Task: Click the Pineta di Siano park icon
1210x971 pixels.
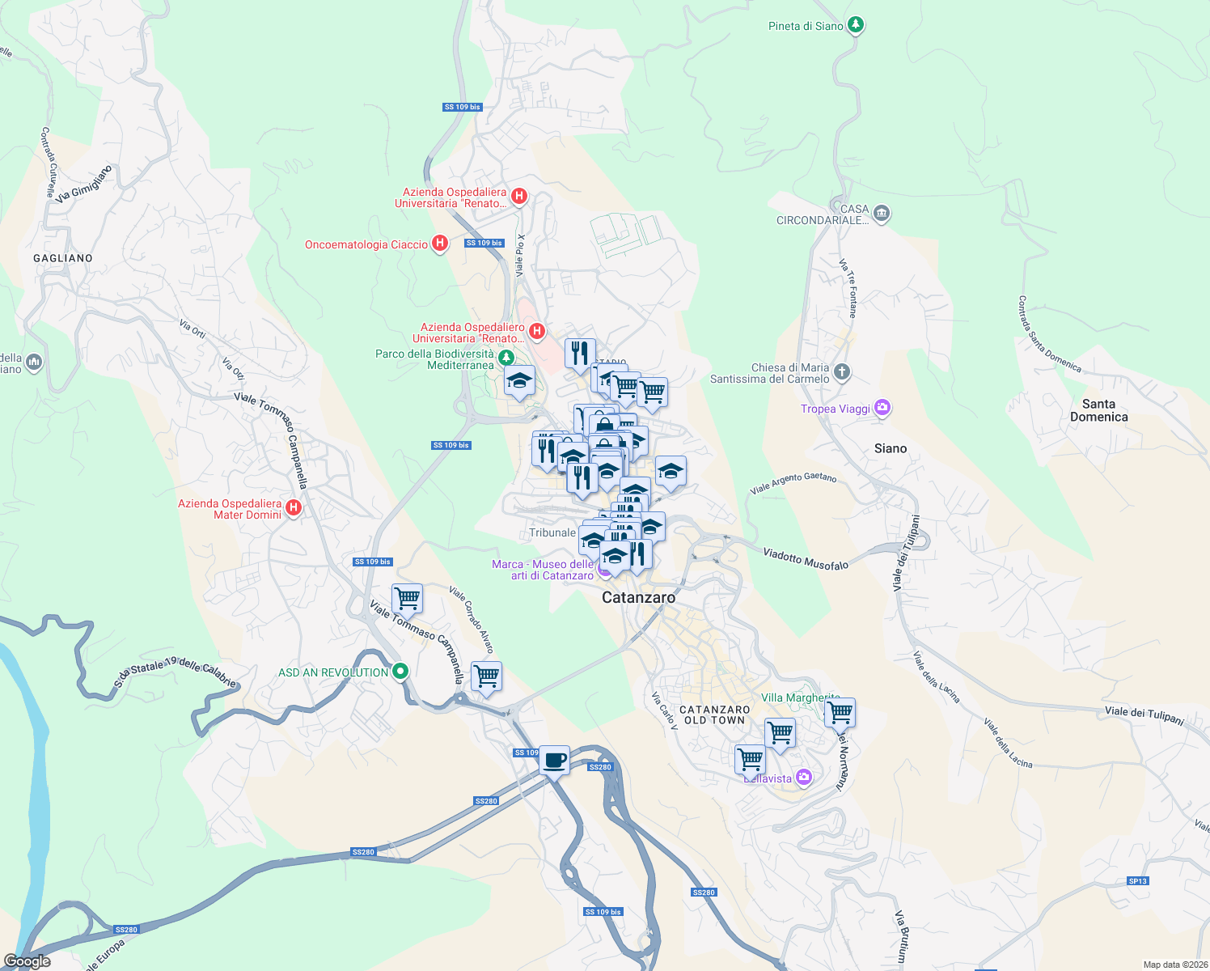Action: tap(856, 26)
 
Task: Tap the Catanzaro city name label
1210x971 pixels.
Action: tap(638, 597)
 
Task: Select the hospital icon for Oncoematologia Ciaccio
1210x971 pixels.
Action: tap(440, 244)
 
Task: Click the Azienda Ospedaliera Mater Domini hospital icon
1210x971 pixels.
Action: tap(294, 508)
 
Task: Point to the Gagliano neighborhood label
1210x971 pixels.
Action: tap(63, 258)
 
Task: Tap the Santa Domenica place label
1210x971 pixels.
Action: tap(1098, 410)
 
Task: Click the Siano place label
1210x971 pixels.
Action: tap(891, 448)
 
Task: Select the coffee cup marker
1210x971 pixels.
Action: tap(554, 761)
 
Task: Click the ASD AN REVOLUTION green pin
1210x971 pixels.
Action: tap(400, 672)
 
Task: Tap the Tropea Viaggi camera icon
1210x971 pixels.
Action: tap(882, 409)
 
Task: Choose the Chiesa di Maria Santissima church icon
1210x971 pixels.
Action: tap(842, 372)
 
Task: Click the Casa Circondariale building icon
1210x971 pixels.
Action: tap(882, 214)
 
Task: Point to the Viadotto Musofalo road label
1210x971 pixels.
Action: tap(806, 558)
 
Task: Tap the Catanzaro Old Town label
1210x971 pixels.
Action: tap(715, 714)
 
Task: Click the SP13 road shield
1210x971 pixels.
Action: tap(1137, 881)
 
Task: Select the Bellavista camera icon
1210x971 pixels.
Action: tap(803, 778)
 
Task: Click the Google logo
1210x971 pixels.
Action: tap(27, 961)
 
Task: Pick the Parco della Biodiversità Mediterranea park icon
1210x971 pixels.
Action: tap(506, 358)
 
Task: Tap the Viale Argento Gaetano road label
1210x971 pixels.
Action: tap(793, 483)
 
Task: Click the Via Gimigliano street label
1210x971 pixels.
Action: tap(83, 184)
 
